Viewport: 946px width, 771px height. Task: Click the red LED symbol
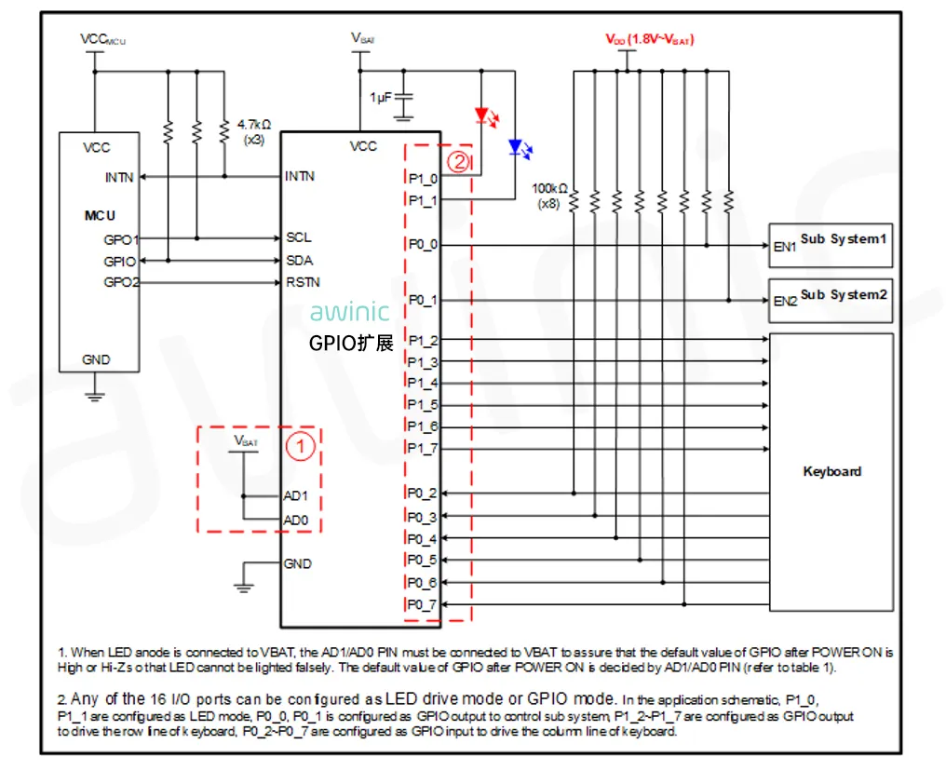point(482,116)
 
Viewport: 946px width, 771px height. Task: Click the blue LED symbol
point(515,147)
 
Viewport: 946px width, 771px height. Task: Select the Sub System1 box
point(831,244)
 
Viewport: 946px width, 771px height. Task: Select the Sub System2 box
point(831,300)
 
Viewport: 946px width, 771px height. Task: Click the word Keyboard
point(831,471)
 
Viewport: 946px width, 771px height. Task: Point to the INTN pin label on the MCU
point(120,177)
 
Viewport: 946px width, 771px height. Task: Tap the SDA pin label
point(300,261)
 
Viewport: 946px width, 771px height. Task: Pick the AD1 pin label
point(296,496)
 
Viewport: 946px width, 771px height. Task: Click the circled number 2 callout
point(457,160)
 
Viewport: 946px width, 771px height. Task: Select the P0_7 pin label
point(422,605)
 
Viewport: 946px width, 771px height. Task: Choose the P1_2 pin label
point(423,341)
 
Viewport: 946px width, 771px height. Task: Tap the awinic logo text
point(350,312)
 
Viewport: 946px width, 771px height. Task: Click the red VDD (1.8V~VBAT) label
point(650,40)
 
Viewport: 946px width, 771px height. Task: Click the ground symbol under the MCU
point(94,395)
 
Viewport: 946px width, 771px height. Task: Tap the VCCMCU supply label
point(102,40)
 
